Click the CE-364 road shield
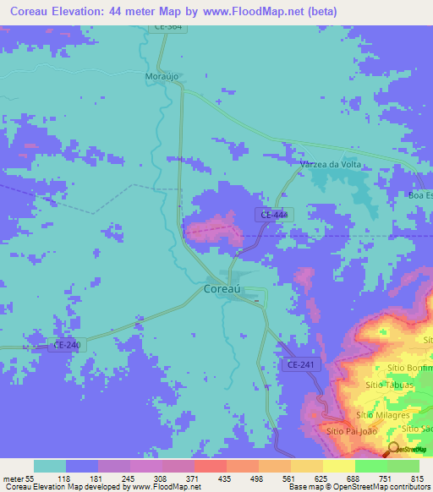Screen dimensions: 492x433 pyautogui.click(x=168, y=27)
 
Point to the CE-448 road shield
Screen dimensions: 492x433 pyautogui.click(x=273, y=216)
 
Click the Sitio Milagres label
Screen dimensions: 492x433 pyautogui.click(x=383, y=415)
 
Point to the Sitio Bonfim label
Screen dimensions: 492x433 pyautogui.click(x=409, y=369)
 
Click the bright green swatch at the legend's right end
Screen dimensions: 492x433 pyautogui.click(x=403, y=466)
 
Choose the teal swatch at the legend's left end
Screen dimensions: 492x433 pyautogui.click(x=50, y=466)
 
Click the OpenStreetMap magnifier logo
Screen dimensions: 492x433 pyautogui.click(x=394, y=449)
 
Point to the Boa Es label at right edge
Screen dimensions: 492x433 pyautogui.click(x=419, y=195)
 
